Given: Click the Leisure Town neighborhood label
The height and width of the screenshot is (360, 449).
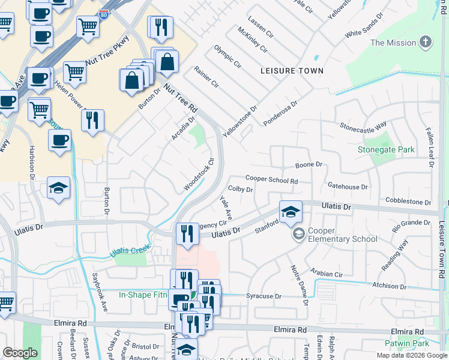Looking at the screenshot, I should click(292, 71).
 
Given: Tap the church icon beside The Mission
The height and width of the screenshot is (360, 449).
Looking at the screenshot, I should click(426, 42).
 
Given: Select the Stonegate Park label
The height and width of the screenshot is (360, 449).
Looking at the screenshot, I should click(387, 149).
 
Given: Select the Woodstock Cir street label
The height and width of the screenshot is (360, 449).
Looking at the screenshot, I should click(199, 175).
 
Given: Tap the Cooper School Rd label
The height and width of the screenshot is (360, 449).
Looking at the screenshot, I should click(271, 179).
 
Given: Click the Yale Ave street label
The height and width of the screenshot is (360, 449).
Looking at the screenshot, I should click(226, 207).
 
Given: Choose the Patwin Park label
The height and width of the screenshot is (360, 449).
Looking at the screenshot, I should click(408, 344).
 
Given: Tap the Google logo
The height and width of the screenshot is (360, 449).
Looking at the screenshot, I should click(20, 353).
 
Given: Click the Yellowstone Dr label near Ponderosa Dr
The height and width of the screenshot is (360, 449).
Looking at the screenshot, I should click(240, 119).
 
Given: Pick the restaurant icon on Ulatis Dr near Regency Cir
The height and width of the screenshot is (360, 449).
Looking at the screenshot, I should click(187, 233).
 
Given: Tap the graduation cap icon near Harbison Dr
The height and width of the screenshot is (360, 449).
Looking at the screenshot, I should click(58, 188).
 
